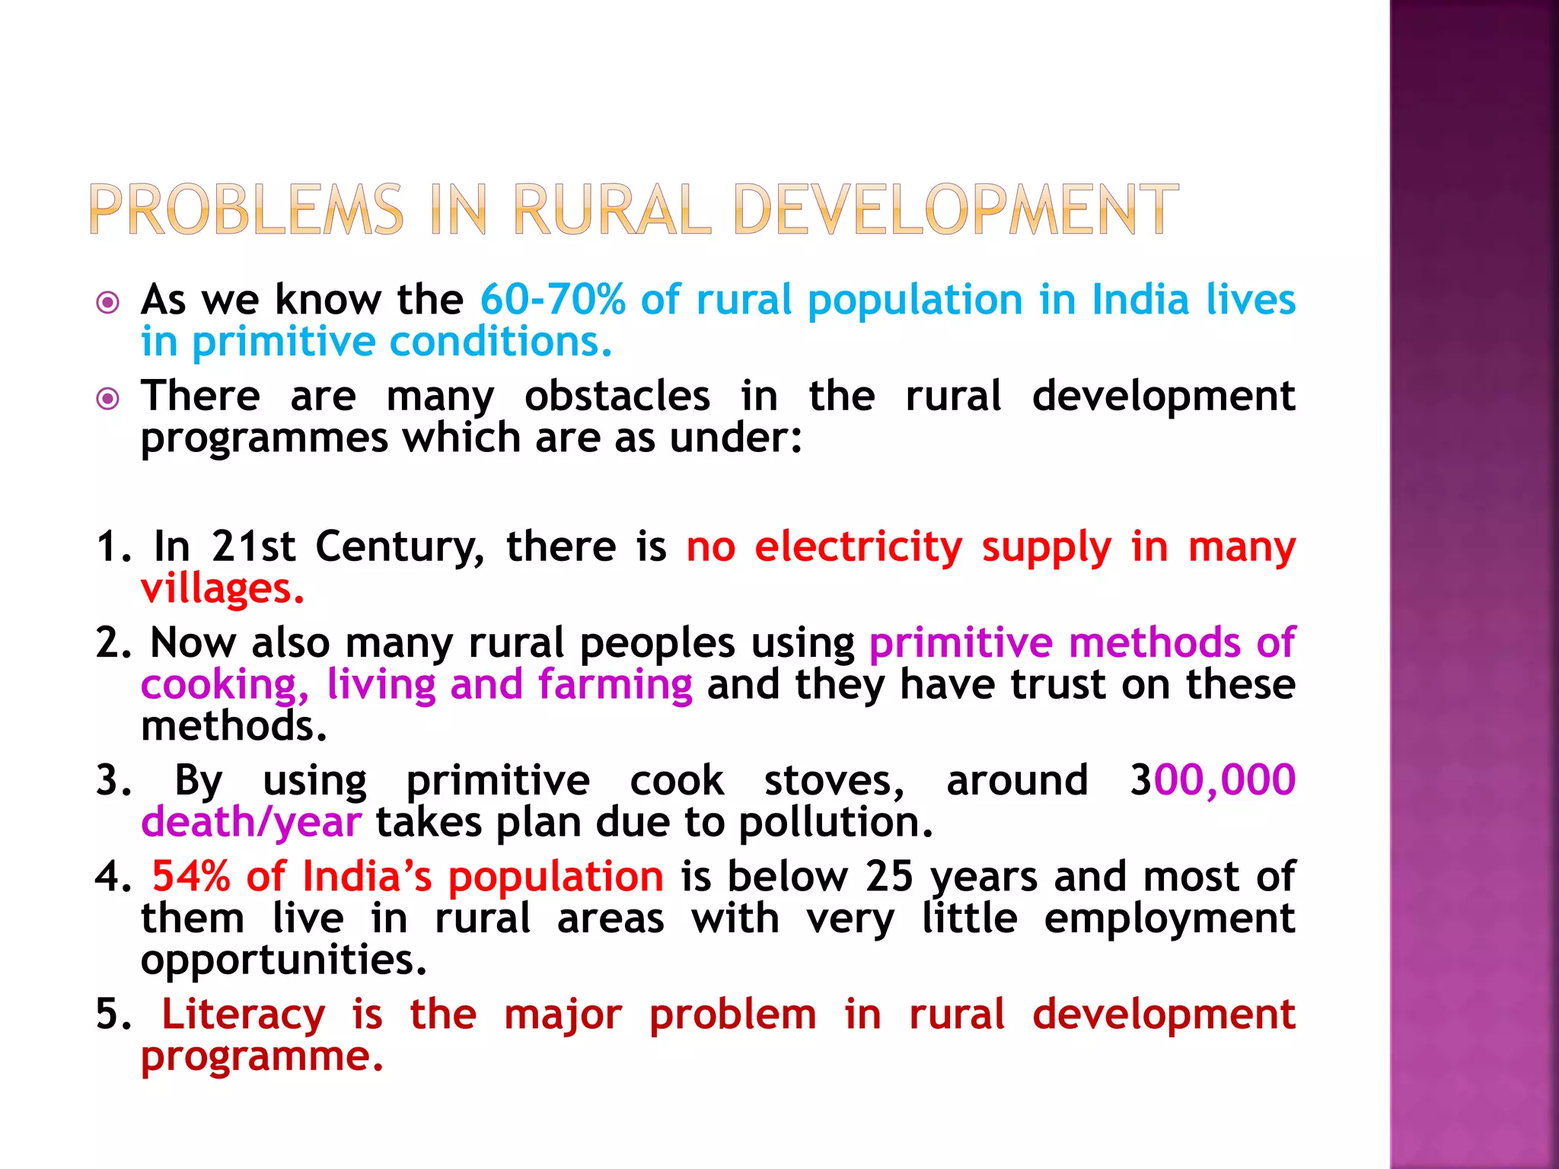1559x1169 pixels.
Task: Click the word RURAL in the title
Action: point(612,210)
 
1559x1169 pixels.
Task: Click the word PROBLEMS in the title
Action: point(246,210)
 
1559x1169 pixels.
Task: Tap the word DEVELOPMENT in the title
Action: point(956,210)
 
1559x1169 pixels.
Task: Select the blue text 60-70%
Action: point(553,299)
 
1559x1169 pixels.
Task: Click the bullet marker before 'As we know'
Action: point(109,303)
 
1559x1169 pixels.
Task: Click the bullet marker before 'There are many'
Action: point(109,399)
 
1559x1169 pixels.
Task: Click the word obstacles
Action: point(617,396)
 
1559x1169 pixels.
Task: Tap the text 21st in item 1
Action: point(253,546)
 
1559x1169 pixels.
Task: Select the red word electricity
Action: point(859,546)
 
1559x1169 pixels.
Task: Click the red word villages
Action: point(222,588)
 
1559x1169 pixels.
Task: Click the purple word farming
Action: point(615,684)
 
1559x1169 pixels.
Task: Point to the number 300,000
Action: point(1212,780)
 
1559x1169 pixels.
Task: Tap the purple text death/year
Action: point(251,822)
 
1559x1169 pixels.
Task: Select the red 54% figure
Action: point(191,876)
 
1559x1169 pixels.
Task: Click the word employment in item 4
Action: point(1169,919)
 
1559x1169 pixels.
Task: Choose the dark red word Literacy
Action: point(244,1015)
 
